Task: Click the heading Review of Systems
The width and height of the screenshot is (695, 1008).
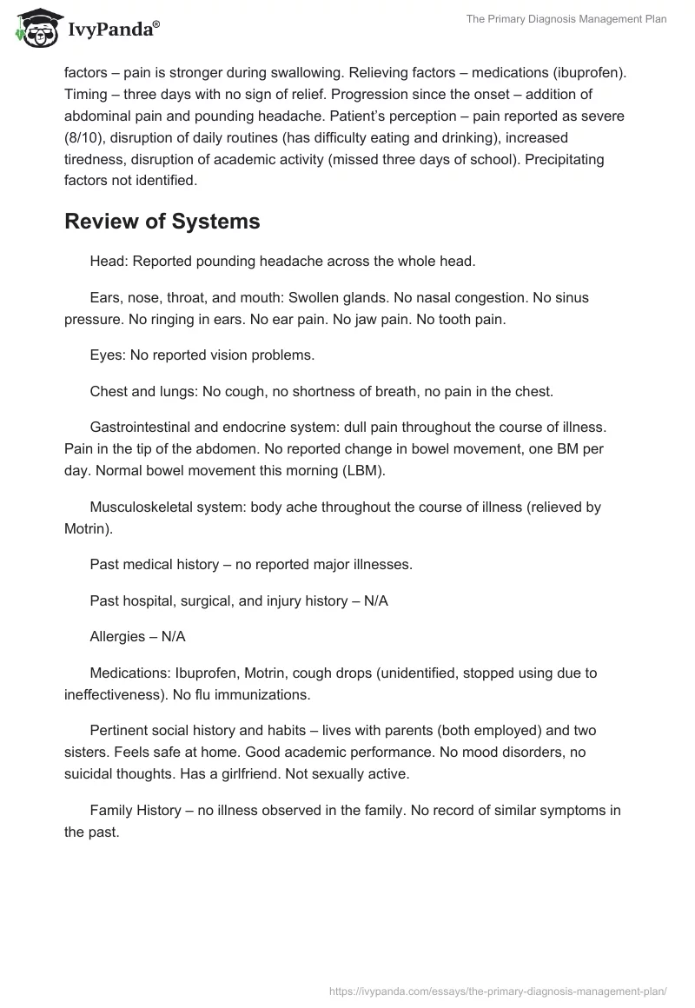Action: (x=162, y=222)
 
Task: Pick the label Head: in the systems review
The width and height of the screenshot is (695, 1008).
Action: (x=108, y=261)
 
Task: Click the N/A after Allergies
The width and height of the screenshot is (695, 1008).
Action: (x=173, y=636)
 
